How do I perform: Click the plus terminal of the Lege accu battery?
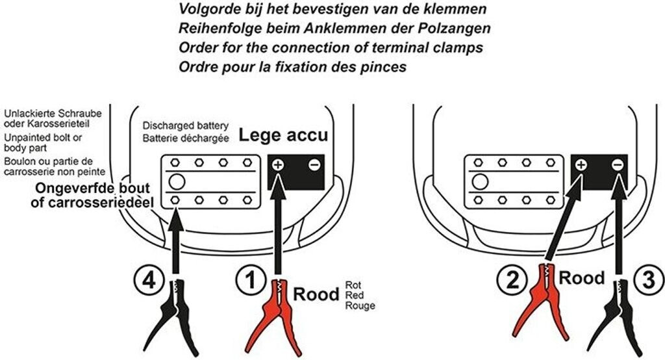pos(277,165)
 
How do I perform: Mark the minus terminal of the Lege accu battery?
pos(314,165)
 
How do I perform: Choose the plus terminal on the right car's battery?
pos(581,165)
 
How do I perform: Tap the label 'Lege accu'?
pos(283,136)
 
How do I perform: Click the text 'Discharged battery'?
pos(186,125)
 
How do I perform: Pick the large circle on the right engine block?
pos(480,181)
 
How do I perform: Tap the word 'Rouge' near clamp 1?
pos(360,305)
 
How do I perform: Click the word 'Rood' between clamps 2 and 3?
pos(582,278)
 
